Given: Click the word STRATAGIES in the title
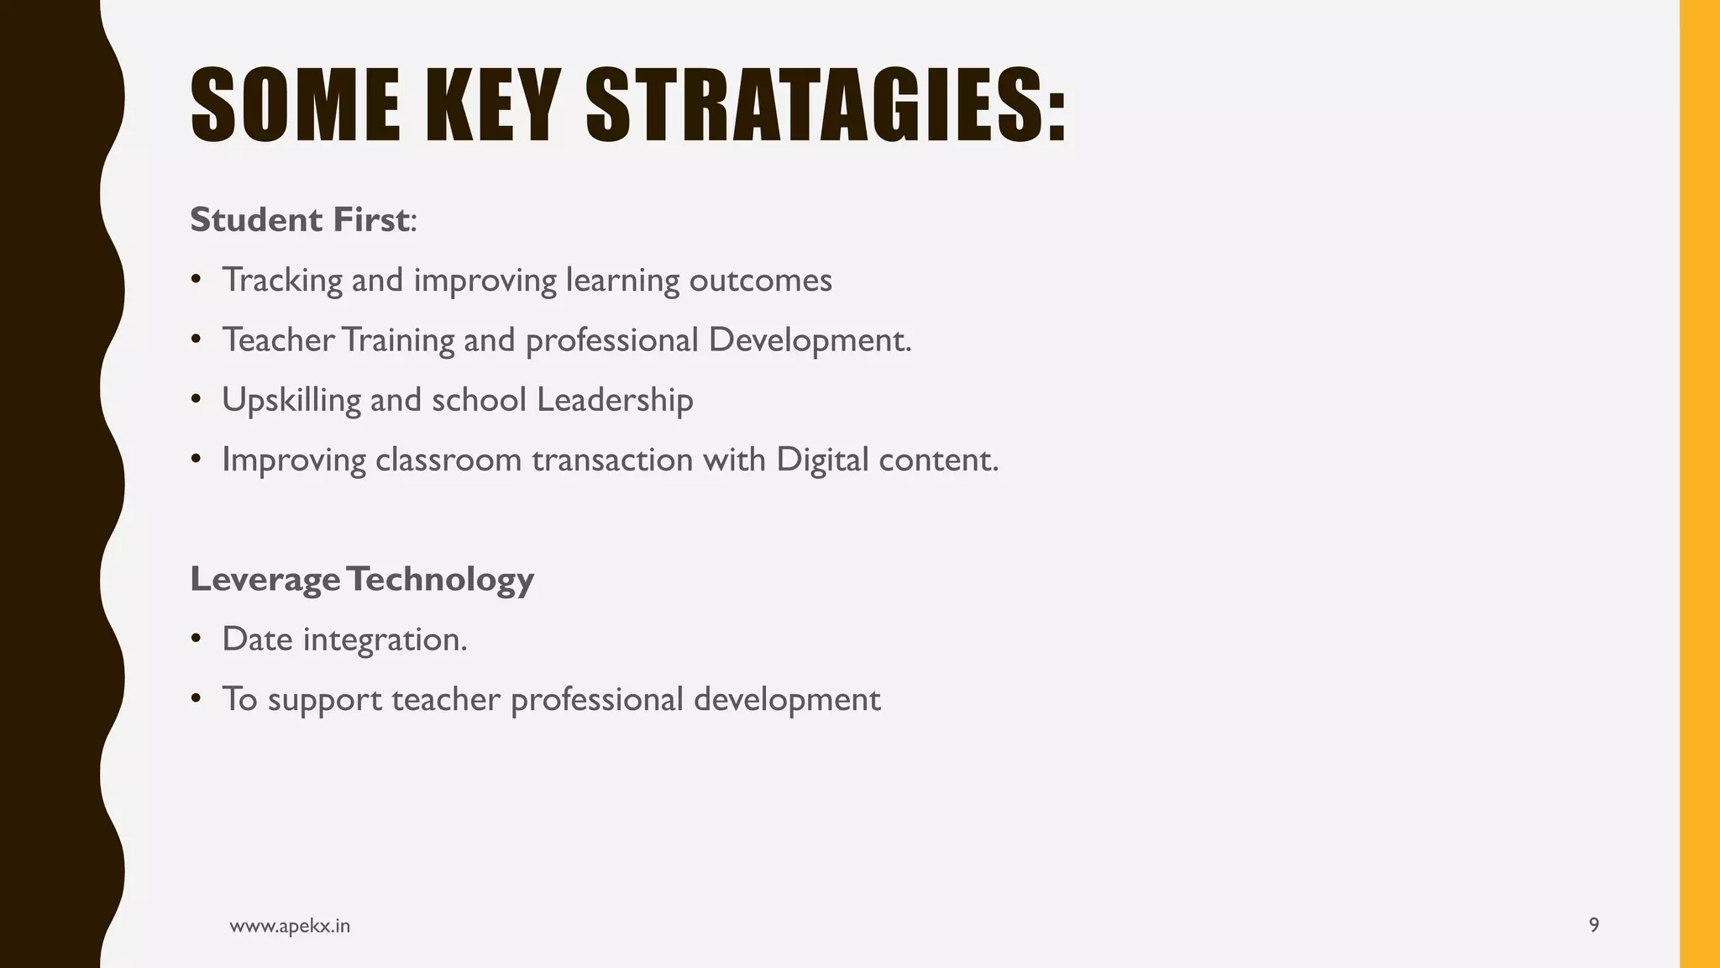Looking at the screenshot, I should point(826,106).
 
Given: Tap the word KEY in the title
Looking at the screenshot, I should point(492,106).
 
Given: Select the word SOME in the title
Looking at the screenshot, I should point(296,106).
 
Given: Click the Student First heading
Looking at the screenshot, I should point(301,220).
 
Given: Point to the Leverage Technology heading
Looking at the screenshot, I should point(362,579).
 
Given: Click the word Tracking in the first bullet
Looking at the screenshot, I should point(282,281).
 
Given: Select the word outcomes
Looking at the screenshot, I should point(760,281).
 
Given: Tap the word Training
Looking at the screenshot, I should point(398,341).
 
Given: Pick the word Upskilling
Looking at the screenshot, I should point(291,401).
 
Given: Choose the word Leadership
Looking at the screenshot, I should point(615,401).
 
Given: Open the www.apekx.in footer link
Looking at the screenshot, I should point(290,926).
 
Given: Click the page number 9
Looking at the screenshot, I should point(1593,926).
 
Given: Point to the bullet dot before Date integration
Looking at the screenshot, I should point(196,639).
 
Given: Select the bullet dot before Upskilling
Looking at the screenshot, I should point(196,400).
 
